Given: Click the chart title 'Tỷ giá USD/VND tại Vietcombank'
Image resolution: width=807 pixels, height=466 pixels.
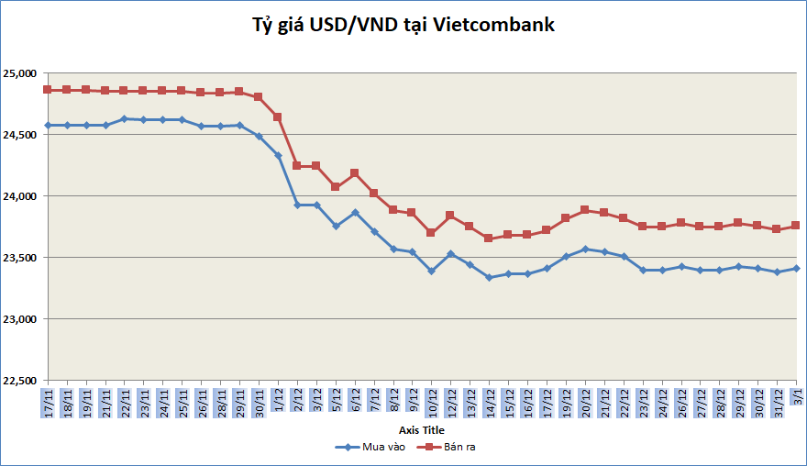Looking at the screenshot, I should pyautogui.click(x=403, y=25).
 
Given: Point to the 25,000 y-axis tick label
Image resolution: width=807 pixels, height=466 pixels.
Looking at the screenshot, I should pyautogui.click(x=18, y=73).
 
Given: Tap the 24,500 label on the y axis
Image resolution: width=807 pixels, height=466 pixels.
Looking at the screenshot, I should pyautogui.click(x=18, y=135).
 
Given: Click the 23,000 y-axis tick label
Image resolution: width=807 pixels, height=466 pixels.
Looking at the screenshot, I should pyautogui.click(x=18, y=319).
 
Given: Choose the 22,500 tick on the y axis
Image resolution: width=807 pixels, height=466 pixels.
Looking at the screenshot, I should pyautogui.click(x=18, y=381).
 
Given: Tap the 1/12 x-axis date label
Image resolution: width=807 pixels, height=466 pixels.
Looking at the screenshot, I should pyautogui.click(x=278, y=402).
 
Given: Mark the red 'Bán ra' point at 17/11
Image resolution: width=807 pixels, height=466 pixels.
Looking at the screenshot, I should pyautogui.click(x=48, y=90).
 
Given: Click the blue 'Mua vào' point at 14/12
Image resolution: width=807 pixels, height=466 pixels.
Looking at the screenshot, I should pyautogui.click(x=489, y=277).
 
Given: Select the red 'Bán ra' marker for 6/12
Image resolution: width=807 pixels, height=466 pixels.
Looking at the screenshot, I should pyautogui.click(x=355, y=172).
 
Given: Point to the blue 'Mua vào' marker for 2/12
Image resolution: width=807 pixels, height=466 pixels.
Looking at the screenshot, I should pyautogui.click(x=297, y=205).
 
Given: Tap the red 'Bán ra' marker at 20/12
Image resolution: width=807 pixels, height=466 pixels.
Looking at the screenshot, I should pyautogui.click(x=585, y=209).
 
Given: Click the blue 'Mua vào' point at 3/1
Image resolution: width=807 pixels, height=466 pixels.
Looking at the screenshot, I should pyautogui.click(x=796, y=269).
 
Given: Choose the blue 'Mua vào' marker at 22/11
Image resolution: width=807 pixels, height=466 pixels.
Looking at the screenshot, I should pyautogui.click(x=124, y=118).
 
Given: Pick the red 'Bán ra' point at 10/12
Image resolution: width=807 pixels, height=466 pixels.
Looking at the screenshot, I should pyautogui.click(x=431, y=232).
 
